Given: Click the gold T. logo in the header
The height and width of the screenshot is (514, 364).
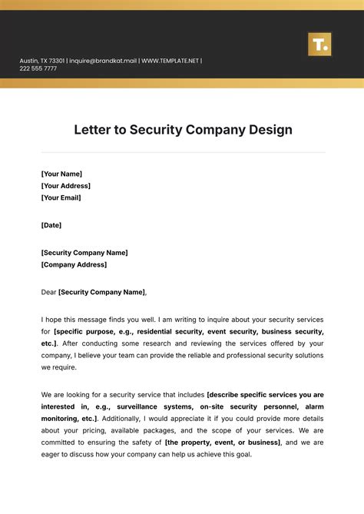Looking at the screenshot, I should coord(319,44).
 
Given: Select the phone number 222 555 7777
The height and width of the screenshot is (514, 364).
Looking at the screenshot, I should coord(38,69).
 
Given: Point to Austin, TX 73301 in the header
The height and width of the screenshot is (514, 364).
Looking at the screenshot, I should coord(43,61).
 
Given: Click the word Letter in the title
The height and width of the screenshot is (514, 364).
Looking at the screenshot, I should coord(94,129).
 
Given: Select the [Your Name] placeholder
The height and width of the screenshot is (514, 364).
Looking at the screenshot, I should coord(61,174).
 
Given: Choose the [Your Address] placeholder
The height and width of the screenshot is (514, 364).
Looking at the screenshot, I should coord(65,185).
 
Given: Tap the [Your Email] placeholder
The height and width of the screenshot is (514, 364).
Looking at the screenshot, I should coord(61,197).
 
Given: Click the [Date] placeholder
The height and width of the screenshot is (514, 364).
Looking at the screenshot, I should coord(51,225).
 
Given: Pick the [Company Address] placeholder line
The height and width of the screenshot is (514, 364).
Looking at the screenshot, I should coord(74,264).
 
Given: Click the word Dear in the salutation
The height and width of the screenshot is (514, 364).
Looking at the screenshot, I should coord(48,292).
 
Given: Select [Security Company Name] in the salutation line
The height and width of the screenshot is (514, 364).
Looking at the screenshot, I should coord(101,292).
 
